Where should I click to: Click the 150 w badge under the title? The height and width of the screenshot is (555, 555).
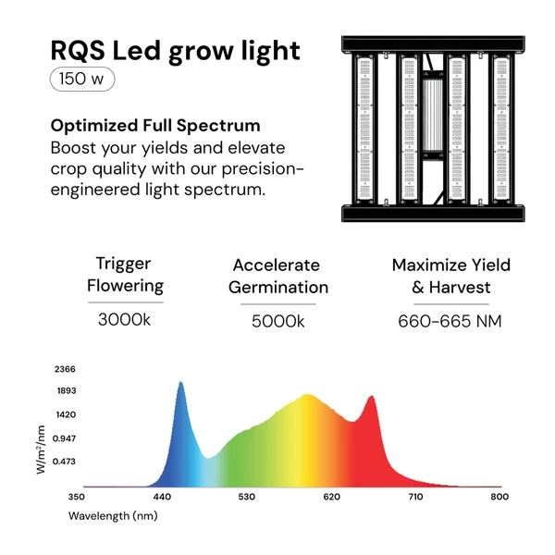[82, 79]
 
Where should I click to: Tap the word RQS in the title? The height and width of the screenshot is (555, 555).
[78, 51]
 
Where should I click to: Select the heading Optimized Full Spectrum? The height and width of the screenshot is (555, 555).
[155, 126]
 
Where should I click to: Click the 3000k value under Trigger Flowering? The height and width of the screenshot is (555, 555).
[124, 320]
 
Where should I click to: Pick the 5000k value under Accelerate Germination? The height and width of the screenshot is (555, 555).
[277, 321]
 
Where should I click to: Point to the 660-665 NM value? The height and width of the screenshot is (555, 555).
[450, 321]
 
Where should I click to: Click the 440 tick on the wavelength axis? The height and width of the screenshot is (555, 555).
[162, 497]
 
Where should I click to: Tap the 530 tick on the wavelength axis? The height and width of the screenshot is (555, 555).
[246, 497]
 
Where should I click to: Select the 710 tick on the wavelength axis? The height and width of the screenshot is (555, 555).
[415, 497]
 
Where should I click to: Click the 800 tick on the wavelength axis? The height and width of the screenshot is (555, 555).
[499, 497]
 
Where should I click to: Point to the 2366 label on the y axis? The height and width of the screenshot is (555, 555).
[65, 369]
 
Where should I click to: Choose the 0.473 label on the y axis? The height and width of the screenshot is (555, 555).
[64, 462]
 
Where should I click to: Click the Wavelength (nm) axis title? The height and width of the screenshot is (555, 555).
[113, 516]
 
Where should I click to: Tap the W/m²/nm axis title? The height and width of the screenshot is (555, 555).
[41, 450]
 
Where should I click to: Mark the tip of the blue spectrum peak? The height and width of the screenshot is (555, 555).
[180, 381]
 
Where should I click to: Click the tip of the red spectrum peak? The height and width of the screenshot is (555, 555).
[371, 396]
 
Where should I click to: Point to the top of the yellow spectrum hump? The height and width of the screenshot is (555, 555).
[307, 394]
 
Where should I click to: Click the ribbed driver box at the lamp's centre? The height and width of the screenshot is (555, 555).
[433, 115]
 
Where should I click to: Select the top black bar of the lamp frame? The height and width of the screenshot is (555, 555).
[433, 44]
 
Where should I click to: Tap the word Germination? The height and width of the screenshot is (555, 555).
[278, 288]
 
